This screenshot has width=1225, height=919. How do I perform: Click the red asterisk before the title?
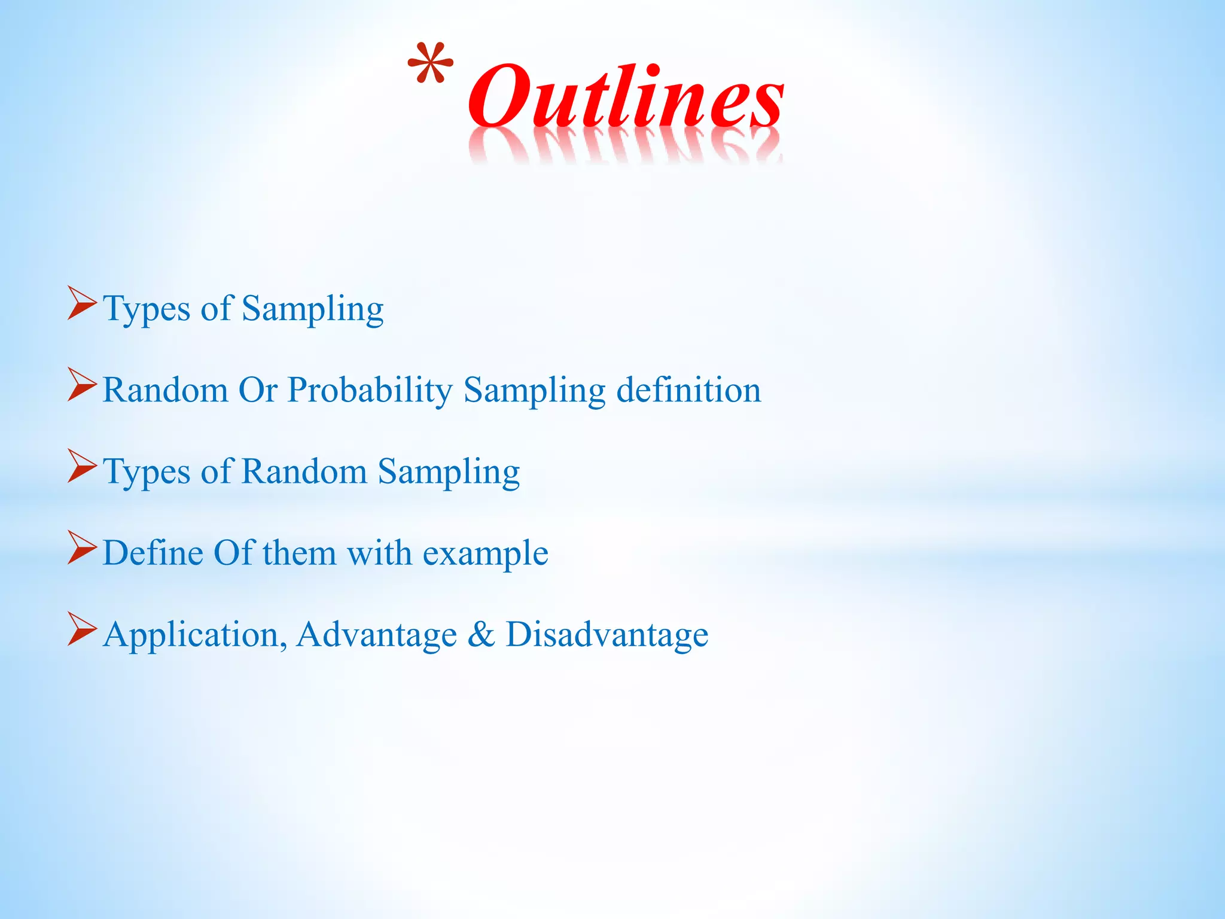point(430,63)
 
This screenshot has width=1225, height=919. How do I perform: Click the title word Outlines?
point(625,97)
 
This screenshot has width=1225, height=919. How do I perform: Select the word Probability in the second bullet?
point(370,391)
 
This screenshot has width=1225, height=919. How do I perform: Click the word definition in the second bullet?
point(688,390)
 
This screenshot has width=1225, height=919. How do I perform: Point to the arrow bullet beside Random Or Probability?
point(81,384)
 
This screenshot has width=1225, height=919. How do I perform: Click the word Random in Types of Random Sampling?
point(304,471)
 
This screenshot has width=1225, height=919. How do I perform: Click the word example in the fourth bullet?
point(485,553)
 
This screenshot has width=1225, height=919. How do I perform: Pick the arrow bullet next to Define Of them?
point(81,547)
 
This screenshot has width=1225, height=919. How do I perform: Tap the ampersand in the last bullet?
point(481,634)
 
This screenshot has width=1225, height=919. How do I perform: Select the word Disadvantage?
point(607,635)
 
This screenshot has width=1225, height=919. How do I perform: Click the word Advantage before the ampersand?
point(377,635)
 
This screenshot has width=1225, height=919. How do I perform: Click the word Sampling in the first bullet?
point(312,310)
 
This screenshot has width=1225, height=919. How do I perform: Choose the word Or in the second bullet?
point(258,390)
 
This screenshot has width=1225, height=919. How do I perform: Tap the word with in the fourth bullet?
point(379,552)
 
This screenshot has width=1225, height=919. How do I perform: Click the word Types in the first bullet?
point(147,310)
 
